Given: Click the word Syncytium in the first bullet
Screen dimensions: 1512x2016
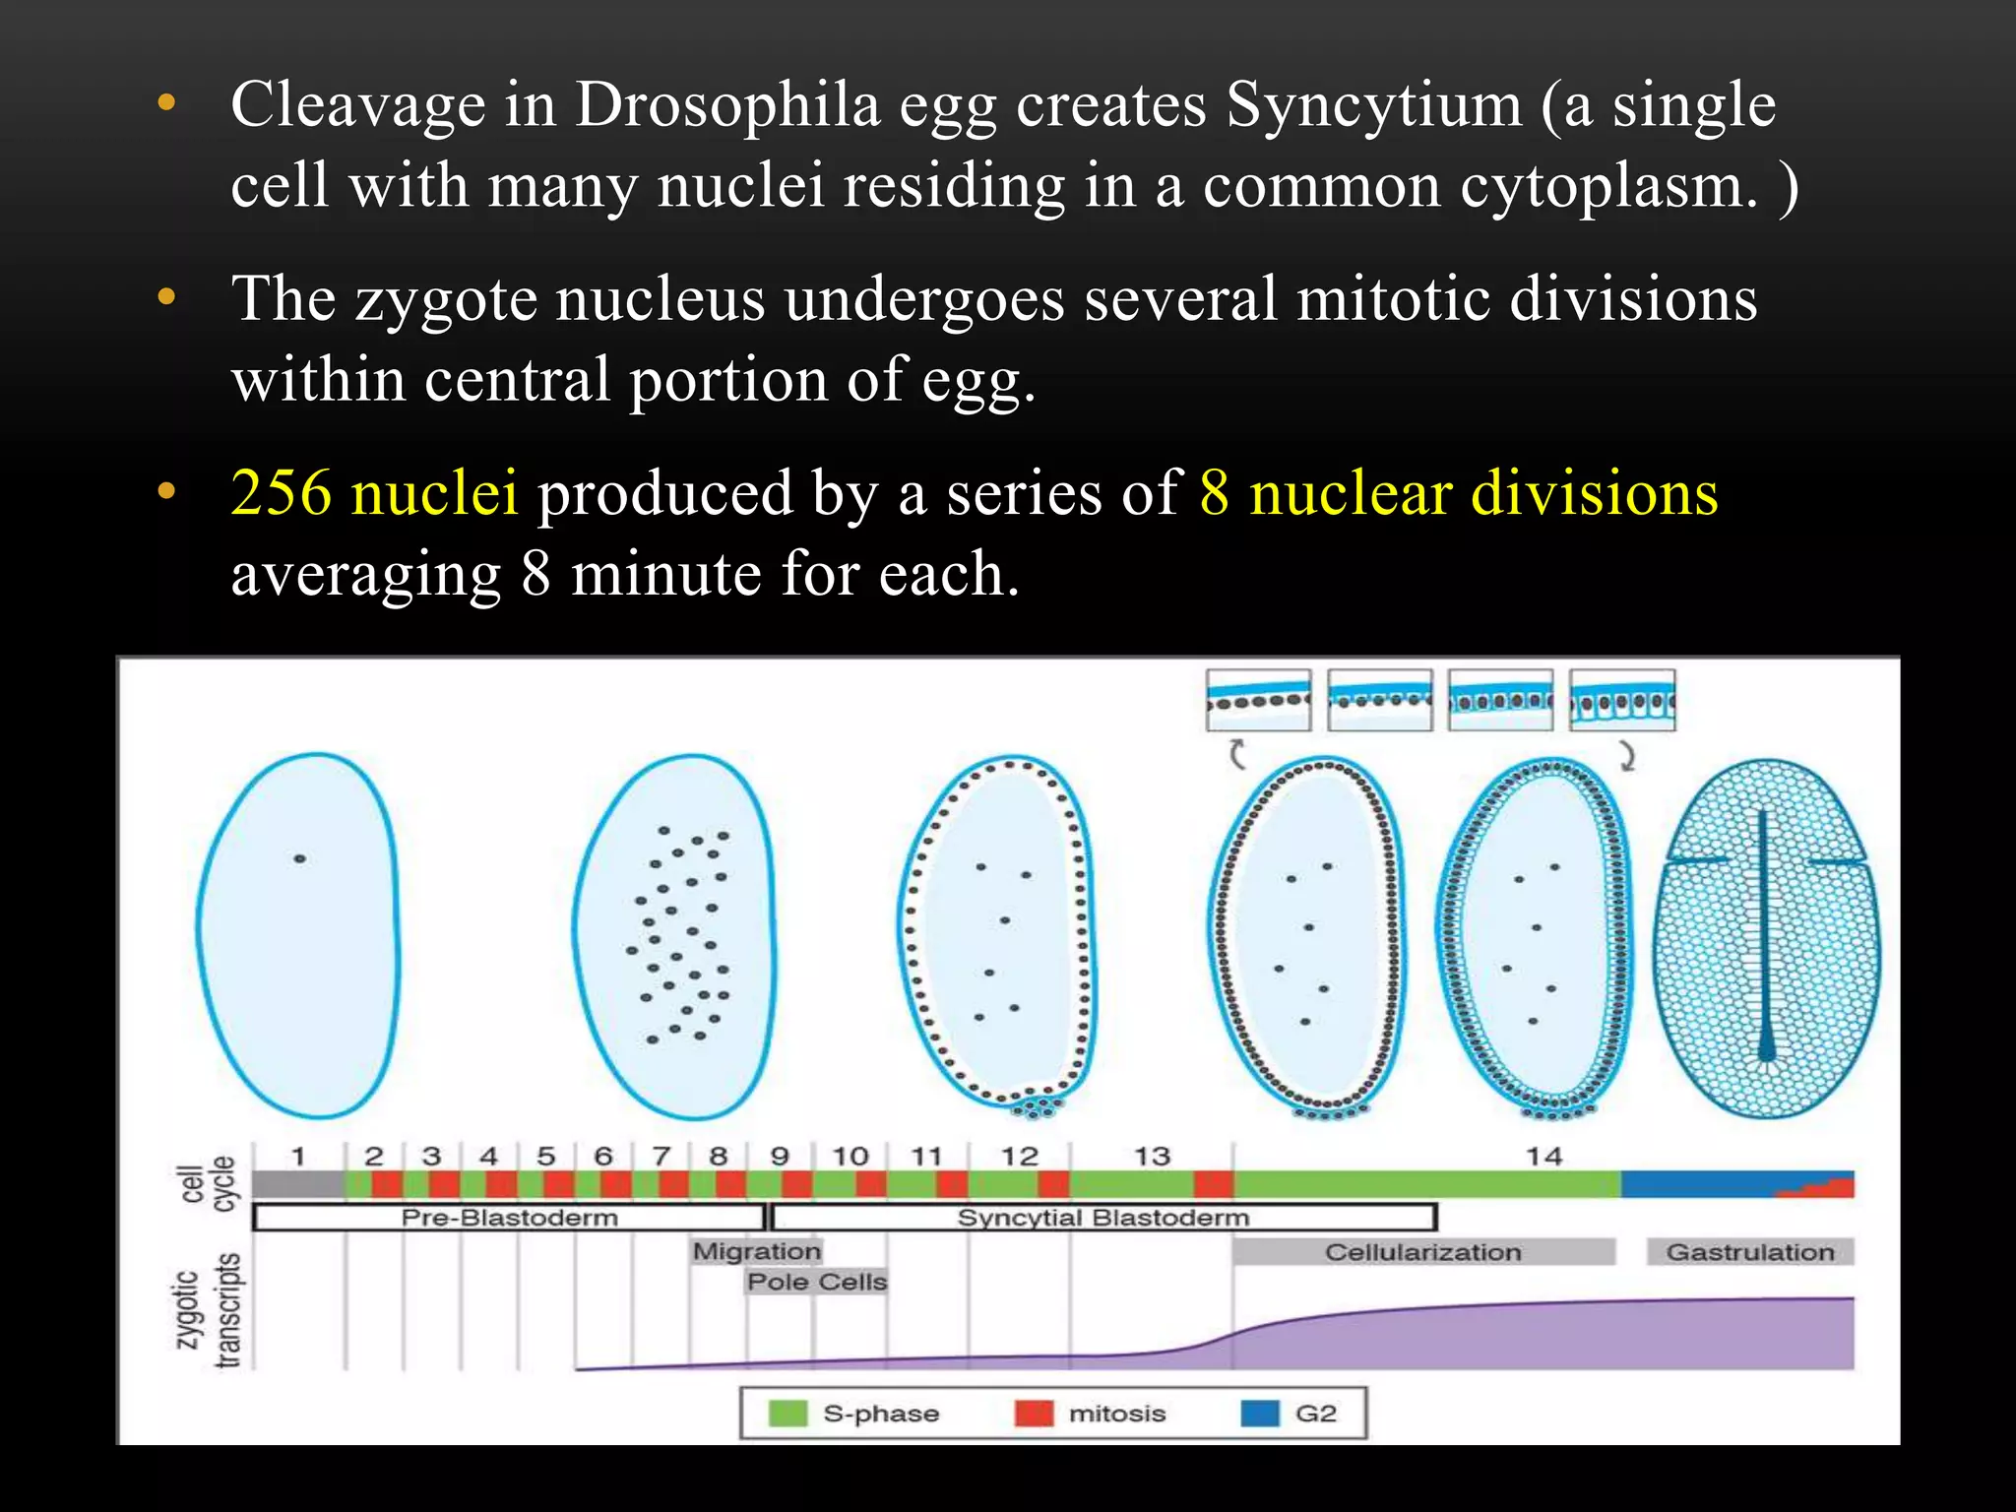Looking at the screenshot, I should (1373, 105).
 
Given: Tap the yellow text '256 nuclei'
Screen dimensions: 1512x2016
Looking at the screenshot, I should (374, 493).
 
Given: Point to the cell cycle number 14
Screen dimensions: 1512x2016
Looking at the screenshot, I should (1543, 1156).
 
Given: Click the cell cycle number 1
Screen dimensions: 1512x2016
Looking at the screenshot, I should (298, 1156).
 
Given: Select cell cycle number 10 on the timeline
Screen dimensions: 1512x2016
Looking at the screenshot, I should (850, 1156).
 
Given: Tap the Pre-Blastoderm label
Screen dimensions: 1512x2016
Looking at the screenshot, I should (509, 1218).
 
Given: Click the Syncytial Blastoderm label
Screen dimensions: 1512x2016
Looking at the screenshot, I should (1102, 1218).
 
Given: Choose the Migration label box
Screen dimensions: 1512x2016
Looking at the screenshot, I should (756, 1251).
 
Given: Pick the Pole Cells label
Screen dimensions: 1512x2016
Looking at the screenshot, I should (817, 1282).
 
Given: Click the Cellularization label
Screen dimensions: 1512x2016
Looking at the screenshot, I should (1422, 1252).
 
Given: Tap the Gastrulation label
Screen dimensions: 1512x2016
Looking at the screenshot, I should (1750, 1252).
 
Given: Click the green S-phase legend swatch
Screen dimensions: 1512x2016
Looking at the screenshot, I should (787, 1414).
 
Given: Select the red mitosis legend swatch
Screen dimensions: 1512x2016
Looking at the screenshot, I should (1034, 1414).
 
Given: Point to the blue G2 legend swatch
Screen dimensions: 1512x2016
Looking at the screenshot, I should (1261, 1414).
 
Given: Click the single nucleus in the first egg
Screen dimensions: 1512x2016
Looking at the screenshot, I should (300, 859).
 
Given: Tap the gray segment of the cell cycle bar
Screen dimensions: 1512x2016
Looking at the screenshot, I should (298, 1184).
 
